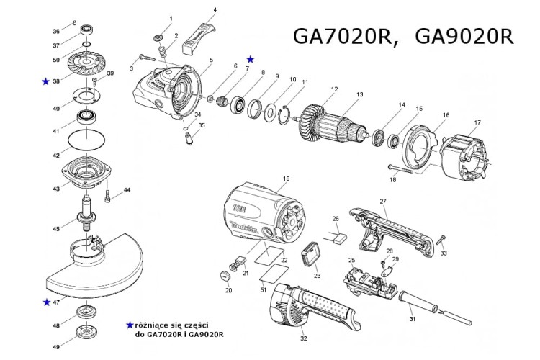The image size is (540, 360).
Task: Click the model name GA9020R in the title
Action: [x=466, y=37]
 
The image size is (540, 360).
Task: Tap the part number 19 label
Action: [x=286, y=178]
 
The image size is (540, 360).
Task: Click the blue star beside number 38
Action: [x=46, y=82]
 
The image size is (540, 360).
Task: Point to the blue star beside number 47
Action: [x=46, y=302]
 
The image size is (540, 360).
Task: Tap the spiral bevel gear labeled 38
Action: [x=87, y=66]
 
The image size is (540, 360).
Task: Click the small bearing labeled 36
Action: [x=87, y=31]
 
